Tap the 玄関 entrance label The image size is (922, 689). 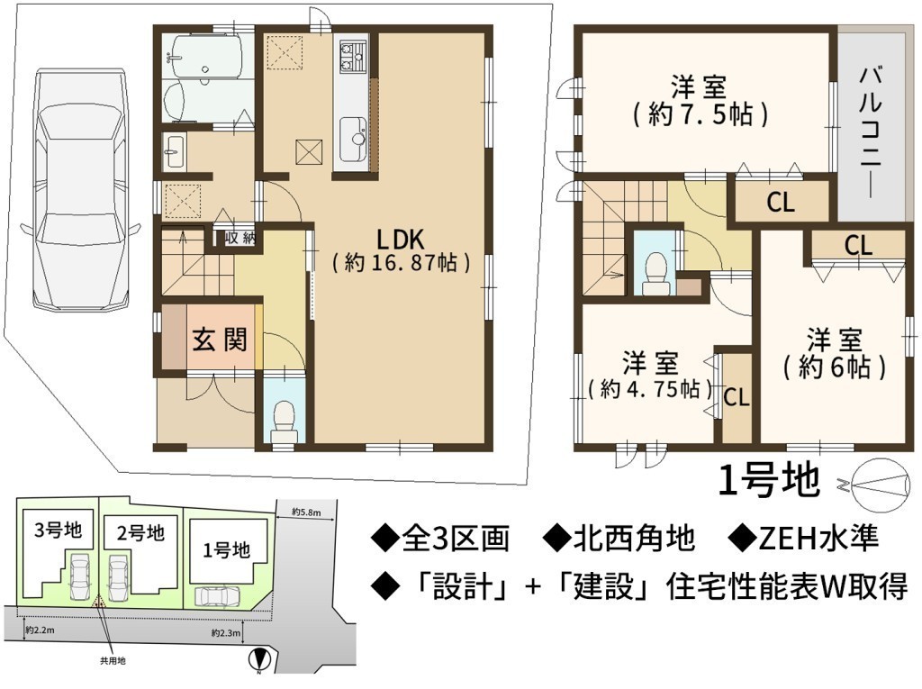point(220,340)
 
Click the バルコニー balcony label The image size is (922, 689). point(871,132)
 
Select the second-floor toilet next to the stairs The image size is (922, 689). point(655,273)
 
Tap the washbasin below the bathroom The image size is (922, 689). point(174,151)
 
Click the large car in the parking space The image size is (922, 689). point(80,189)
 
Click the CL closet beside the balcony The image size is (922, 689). point(781,203)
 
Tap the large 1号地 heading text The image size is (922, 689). point(769,479)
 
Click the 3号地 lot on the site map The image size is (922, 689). point(58,530)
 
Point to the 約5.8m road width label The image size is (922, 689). point(306,512)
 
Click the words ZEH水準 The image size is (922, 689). point(818,539)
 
